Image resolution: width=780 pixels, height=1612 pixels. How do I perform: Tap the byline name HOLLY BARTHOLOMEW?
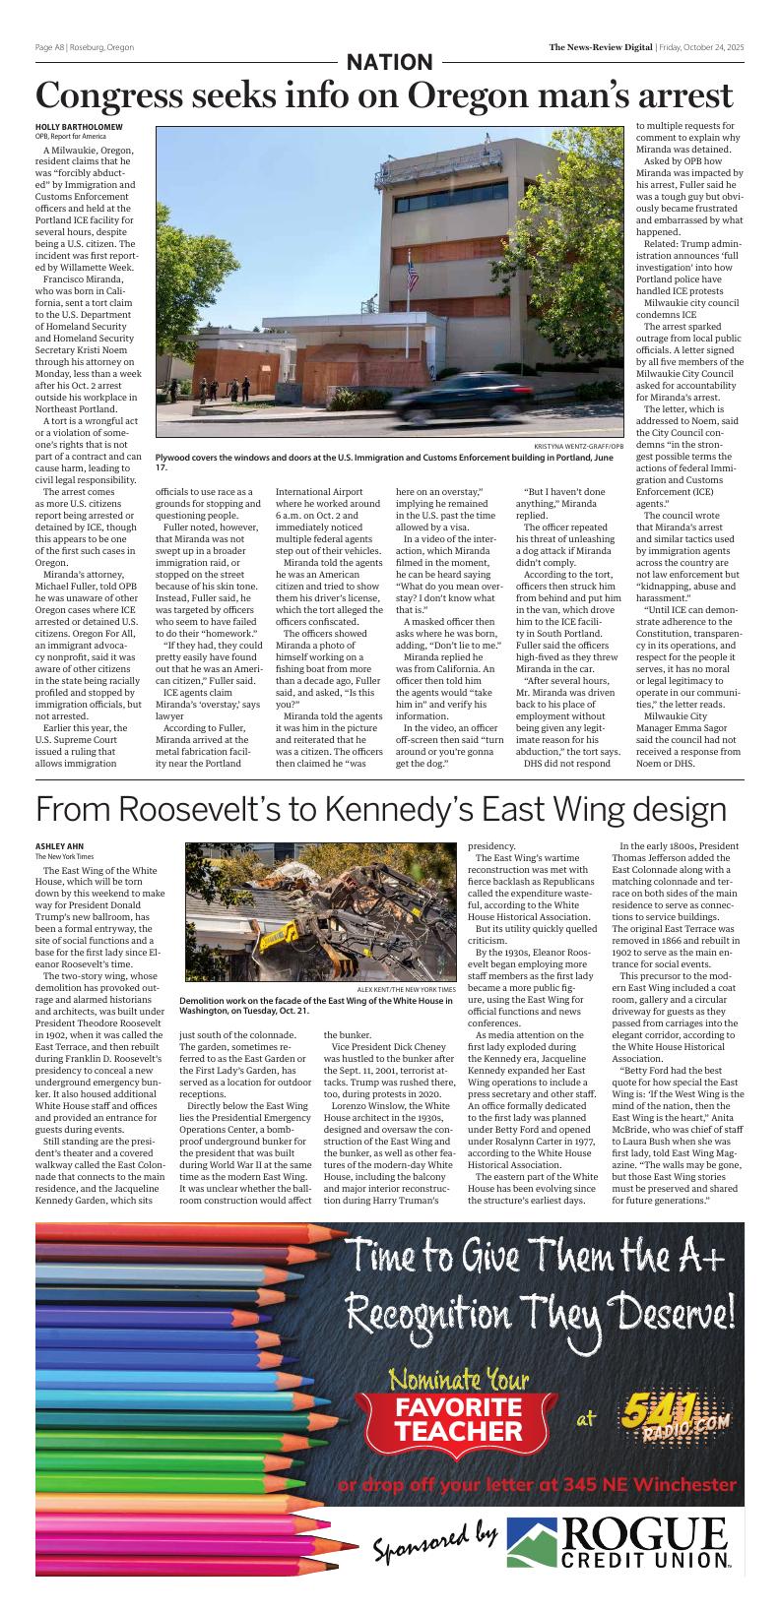(80, 127)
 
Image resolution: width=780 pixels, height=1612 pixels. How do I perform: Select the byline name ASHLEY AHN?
(59, 846)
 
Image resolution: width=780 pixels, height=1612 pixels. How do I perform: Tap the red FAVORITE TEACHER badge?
(459, 1419)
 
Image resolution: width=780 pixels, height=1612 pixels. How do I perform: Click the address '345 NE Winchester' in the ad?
(650, 1484)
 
